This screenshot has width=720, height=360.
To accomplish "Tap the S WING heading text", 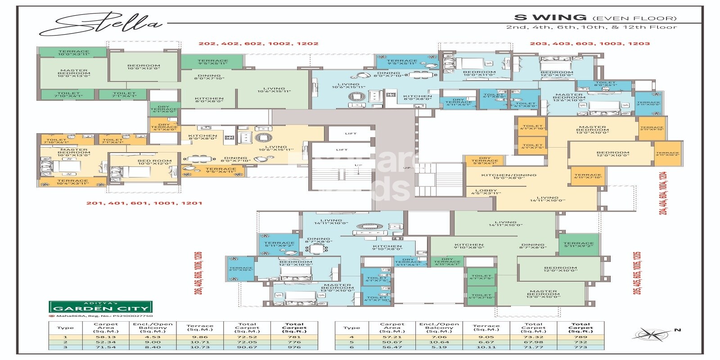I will click(x=550, y=18).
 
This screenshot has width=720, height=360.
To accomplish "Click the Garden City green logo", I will click(x=101, y=308).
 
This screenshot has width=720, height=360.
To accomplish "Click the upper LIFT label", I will click(x=351, y=134).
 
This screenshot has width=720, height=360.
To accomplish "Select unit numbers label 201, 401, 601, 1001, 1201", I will click(x=144, y=203).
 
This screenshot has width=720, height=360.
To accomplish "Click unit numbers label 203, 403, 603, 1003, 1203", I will click(x=589, y=44).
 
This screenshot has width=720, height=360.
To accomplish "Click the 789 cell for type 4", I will click(x=580, y=337).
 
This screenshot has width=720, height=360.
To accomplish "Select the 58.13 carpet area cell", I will click(x=106, y=337).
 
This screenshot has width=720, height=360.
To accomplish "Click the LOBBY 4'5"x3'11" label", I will click(x=486, y=192).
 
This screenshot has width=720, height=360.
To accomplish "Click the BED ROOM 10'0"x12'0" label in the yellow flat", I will click(x=154, y=162).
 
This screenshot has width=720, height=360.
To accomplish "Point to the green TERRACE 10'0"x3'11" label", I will click(x=73, y=53).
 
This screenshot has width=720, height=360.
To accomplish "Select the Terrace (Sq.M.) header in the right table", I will click(x=486, y=328).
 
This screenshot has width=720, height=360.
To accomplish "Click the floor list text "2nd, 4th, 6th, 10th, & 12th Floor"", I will click(x=591, y=27).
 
